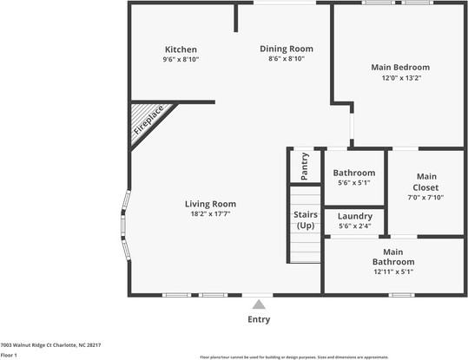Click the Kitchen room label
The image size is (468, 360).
point(181,49)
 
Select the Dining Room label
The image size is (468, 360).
point(287,49)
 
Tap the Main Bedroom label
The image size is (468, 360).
point(400,67)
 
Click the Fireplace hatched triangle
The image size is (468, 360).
point(146,122)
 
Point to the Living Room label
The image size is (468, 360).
point(210,204)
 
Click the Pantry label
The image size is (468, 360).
point(305,166)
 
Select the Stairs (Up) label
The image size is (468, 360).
point(306,220)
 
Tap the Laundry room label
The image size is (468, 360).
point(354,216)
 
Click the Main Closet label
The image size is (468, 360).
point(426,181)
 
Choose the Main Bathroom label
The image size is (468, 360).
point(393,257)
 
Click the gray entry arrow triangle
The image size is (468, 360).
point(258,305)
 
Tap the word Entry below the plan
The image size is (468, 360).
point(259,319)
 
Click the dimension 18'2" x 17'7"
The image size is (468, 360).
point(210,213)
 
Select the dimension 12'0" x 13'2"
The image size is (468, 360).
point(400,77)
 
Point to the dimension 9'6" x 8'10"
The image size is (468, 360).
point(181,60)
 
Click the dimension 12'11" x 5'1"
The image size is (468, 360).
point(393,272)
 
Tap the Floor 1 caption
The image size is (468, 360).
point(10,355)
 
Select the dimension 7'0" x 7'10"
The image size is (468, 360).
point(426,197)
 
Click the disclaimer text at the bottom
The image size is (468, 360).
point(333,357)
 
